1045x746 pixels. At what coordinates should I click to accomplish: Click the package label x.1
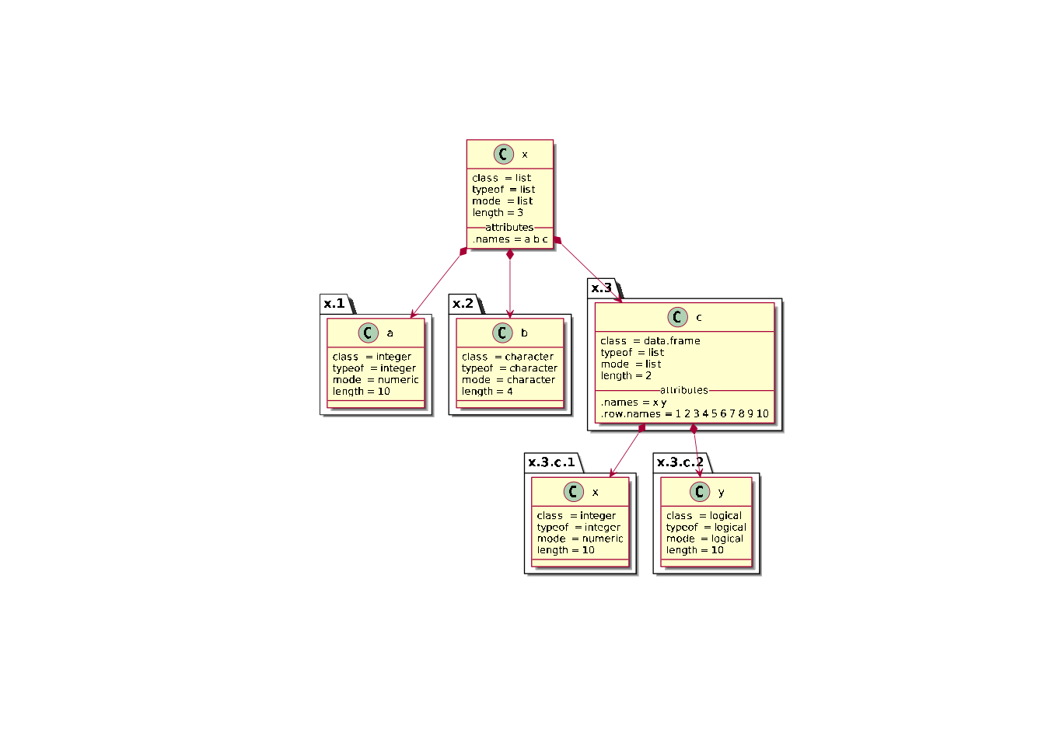[334, 304]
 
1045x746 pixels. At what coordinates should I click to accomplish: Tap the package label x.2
[463, 304]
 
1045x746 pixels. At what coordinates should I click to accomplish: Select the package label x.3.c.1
[551, 462]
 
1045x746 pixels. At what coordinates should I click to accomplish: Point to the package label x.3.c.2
[680, 462]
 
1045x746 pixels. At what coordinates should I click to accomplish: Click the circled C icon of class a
[369, 333]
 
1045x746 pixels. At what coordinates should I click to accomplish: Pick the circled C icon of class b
[502, 333]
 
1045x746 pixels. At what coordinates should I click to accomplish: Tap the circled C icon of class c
[677, 317]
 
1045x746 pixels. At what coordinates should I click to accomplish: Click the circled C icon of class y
[700, 492]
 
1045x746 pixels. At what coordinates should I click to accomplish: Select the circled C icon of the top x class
[503, 154]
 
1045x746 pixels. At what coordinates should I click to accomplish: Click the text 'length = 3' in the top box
[498, 213]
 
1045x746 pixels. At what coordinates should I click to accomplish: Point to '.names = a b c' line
[510, 239]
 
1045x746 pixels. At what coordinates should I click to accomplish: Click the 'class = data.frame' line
[650, 341]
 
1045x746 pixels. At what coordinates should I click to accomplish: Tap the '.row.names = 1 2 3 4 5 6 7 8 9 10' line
[684, 414]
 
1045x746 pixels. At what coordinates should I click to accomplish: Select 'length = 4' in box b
[487, 392]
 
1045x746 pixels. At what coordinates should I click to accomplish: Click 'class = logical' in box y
[704, 516]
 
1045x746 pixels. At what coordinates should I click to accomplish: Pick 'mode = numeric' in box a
[376, 380]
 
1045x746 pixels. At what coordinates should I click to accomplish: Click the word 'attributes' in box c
[684, 390]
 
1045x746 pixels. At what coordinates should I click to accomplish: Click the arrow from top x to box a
[438, 284]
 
